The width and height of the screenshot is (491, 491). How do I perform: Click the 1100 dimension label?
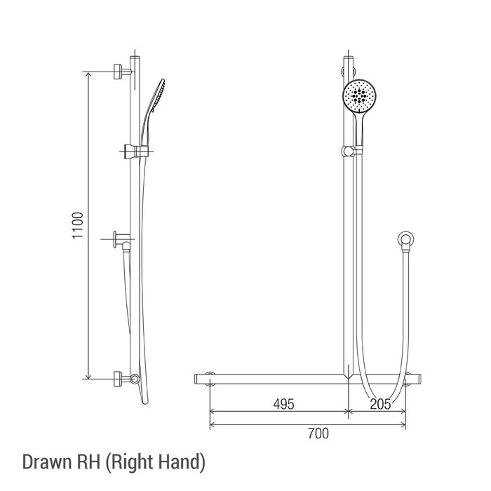pyautogui.click(x=78, y=225)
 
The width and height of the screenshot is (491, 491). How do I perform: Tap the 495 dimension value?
pyautogui.click(x=283, y=404)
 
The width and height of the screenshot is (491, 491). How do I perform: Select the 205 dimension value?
pyautogui.click(x=380, y=404)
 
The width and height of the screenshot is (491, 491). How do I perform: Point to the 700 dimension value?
pyautogui.click(x=318, y=433)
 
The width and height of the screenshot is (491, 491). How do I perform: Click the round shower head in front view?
pyautogui.click(x=360, y=95)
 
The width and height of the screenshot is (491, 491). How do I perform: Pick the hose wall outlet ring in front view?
pyautogui.click(x=406, y=239)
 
